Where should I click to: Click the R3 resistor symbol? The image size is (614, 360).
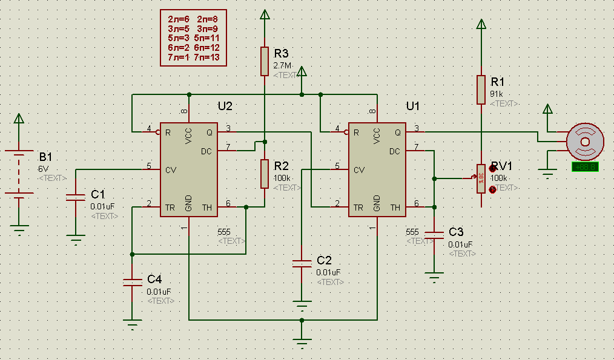coord(265,61)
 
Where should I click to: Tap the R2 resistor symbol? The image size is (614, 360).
coord(265,173)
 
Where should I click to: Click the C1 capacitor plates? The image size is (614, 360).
coord(75,196)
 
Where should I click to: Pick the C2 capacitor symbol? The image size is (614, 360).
coord(302,263)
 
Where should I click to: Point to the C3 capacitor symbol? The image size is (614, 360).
coord(434,235)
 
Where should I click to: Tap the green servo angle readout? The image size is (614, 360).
coord(585,167)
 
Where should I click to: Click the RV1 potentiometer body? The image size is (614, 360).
coord(481,179)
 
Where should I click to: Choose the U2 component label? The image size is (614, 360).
coord(225,106)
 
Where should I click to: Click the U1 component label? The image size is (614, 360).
coord(413,106)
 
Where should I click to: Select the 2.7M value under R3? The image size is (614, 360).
coord(283,65)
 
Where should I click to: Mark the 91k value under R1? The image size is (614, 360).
coord(496,94)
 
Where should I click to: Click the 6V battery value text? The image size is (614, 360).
coord(43,169)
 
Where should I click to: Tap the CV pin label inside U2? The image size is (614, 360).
coord(171,170)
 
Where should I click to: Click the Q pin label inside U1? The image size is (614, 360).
coord(397,133)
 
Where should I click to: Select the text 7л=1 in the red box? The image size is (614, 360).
coord(179,57)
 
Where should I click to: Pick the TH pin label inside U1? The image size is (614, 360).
coord(396,208)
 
